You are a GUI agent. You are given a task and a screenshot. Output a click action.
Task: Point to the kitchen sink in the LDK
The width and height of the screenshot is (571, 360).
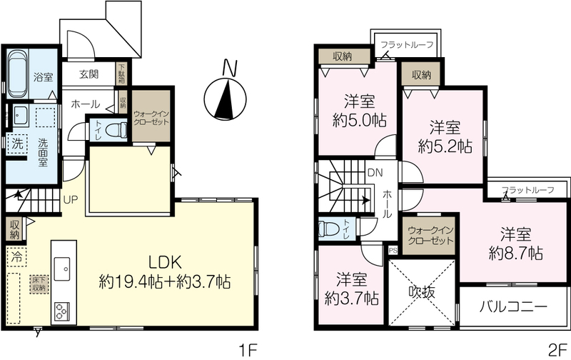62,269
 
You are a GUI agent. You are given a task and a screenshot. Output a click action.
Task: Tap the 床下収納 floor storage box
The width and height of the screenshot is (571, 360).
39,284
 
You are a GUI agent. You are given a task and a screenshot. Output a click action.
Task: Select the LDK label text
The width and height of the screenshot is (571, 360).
165,262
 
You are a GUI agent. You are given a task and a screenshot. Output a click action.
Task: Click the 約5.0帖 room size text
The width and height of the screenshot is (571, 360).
360,120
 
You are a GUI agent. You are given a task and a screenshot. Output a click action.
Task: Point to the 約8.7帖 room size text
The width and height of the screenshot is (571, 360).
515,253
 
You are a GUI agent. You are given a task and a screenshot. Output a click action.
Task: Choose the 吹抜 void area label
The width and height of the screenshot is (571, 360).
422,291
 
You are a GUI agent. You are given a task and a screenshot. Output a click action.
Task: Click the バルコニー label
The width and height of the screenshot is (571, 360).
513,306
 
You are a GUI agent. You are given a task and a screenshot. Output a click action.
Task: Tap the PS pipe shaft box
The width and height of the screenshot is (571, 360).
393,250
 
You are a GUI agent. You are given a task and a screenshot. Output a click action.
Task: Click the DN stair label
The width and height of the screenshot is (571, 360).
375,173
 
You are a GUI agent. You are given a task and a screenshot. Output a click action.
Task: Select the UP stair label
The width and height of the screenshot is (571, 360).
70,200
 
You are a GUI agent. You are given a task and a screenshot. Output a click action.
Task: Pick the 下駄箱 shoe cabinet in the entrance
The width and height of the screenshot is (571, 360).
121,74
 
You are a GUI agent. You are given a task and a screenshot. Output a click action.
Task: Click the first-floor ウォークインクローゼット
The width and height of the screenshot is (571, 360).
151,116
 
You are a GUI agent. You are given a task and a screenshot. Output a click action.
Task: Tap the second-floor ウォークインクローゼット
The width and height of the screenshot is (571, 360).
431,236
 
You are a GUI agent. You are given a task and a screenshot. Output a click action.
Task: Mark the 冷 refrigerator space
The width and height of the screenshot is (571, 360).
16,257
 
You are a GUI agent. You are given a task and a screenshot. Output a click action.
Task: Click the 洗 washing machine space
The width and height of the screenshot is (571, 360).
17,144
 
